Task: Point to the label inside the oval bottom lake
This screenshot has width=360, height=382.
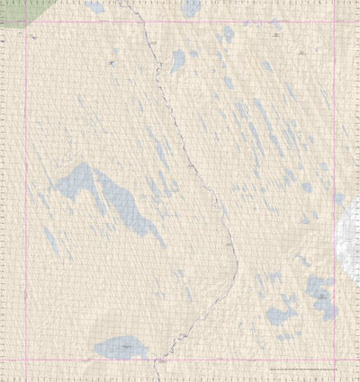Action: coord(125,345)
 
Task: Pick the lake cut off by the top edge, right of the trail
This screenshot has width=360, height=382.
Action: coord(191,8)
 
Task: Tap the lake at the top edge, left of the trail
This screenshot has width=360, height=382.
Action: coord(95,6)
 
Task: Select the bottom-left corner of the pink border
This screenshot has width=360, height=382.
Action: coord(25,360)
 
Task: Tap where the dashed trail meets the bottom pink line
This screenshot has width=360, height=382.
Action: coord(157,360)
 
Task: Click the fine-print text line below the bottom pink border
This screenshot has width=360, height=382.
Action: coord(306,369)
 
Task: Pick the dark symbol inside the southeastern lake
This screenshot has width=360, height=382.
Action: coord(320,292)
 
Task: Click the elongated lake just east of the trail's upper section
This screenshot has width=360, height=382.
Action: coord(178,61)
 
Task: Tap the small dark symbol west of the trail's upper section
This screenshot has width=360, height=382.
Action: coord(112,63)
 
